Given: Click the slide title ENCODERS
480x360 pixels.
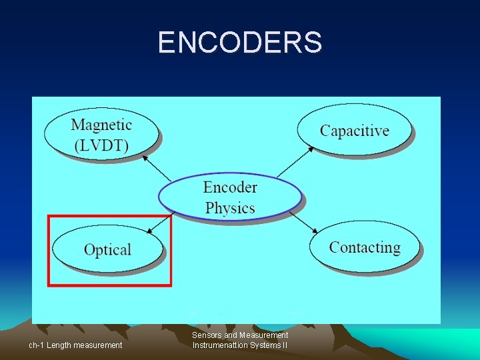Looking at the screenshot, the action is [240, 42].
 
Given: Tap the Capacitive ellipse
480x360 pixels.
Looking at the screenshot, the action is [354, 130].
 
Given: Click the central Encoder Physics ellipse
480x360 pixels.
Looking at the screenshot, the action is [230, 197].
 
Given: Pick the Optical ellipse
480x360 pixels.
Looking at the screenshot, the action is [107, 249].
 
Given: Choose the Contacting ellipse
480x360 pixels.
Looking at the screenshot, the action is [365, 247].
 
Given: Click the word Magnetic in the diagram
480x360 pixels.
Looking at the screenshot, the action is [101, 125].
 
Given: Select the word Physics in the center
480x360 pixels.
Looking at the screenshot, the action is [230, 208].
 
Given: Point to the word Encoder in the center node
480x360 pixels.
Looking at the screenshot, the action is [230, 187].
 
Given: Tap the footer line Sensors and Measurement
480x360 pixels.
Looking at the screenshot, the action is [240, 335].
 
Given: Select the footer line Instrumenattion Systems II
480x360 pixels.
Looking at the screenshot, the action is [240, 345].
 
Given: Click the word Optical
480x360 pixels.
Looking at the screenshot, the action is [107, 250].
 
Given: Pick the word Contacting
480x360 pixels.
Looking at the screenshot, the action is [365, 247].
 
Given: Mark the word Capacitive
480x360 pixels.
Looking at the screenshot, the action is [354, 131].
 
